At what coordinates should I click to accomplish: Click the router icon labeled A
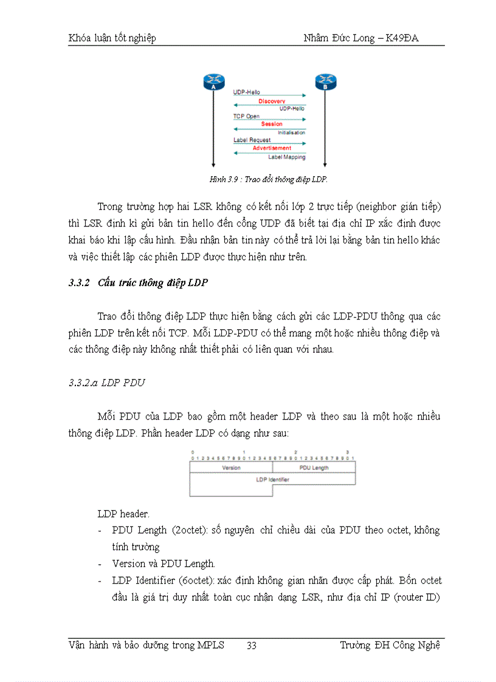[213, 82]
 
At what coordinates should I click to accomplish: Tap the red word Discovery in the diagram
[271, 101]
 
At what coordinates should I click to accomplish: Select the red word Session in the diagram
[272, 124]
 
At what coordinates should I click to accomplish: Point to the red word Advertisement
[272, 148]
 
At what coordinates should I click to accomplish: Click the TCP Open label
[246, 116]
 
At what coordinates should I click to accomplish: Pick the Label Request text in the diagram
[252, 140]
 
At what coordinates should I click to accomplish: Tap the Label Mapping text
[287, 157]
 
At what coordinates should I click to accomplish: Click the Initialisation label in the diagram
[292, 132]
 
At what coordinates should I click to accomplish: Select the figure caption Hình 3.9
[268, 180]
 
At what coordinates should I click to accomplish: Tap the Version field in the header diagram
[231, 468]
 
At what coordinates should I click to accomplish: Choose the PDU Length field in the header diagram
[314, 468]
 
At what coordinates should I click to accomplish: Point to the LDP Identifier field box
[272, 480]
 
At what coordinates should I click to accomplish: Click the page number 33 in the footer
[251, 646]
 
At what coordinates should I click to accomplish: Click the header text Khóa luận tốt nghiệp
[112, 38]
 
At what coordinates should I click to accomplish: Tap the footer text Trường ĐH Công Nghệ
[390, 646]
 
